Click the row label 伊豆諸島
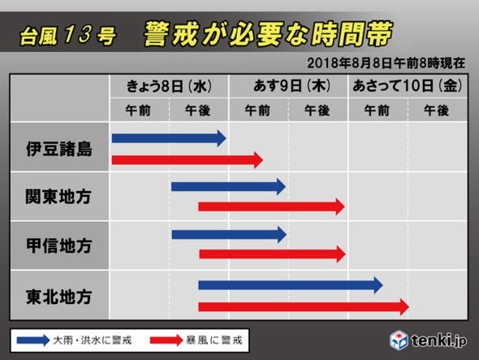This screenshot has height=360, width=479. coord(59,148)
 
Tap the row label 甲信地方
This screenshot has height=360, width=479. coord(59,245)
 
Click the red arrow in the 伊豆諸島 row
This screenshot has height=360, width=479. coord(187,159)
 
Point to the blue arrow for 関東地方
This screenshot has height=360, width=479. coord(228,187)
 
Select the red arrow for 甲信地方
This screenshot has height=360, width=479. coord(271,254)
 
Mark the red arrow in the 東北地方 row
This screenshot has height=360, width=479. coord(303,306)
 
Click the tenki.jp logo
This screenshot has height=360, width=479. coord(425,339)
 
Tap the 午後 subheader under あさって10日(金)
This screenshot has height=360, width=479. coord(436,110)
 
